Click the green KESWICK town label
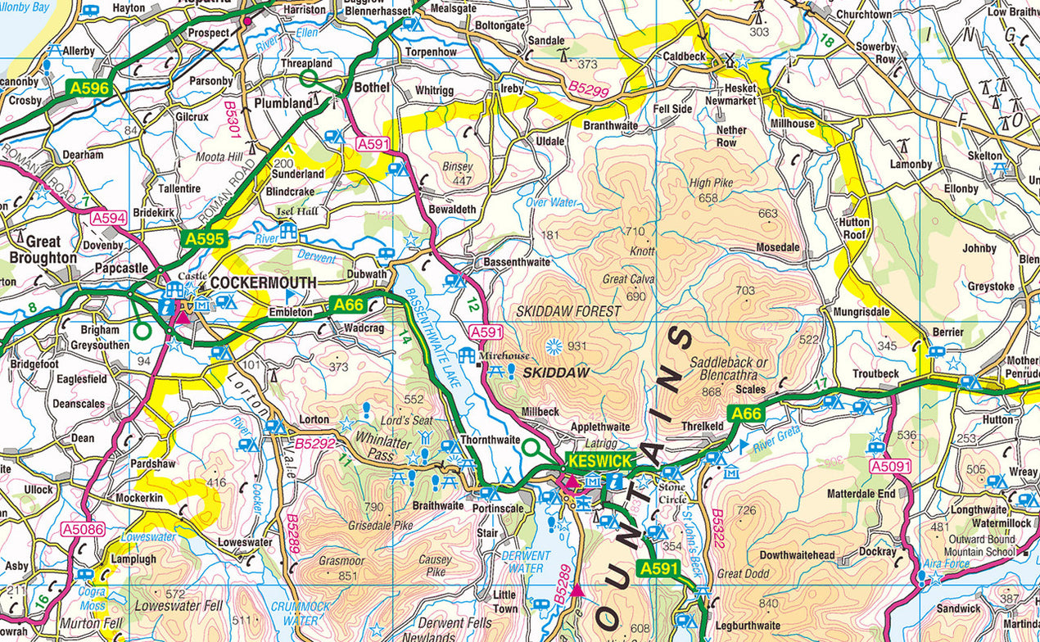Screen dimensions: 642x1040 (x=598, y=460)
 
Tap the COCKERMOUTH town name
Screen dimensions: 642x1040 (x=263, y=283)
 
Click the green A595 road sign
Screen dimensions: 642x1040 (x=203, y=239)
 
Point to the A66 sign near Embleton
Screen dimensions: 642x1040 (x=348, y=305)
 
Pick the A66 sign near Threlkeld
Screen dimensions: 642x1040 (x=746, y=414)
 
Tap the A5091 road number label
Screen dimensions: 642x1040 (x=890, y=467)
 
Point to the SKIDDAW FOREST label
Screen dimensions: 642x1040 (x=568, y=312)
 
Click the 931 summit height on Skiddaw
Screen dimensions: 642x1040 (x=577, y=346)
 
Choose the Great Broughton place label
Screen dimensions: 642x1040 (x=43, y=250)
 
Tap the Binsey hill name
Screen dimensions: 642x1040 (x=457, y=167)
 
